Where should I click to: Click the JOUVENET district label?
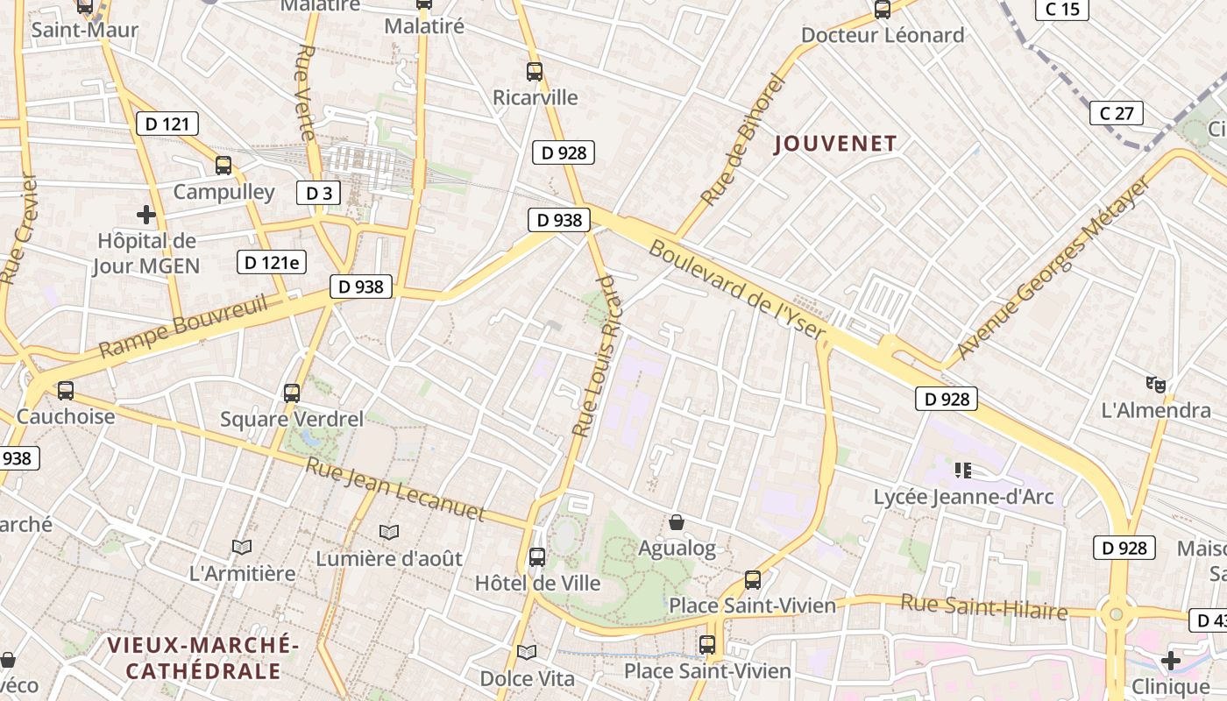(836, 144)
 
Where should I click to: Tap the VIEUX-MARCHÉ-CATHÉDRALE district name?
(203, 658)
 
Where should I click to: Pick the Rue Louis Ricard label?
(595, 355)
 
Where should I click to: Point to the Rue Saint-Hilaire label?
(984, 605)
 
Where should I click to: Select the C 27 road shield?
(1117, 113)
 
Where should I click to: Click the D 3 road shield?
(318, 193)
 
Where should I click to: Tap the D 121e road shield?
(272, 261)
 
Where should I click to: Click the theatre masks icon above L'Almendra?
(1156, 384)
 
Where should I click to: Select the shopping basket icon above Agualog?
(677, 523)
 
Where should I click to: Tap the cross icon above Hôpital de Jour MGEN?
(146, 214)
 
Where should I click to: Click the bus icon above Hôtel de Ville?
(537, 556)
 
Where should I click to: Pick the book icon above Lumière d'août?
(389, 532)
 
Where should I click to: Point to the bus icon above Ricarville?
(535, 72)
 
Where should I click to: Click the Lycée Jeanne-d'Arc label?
(963, 498)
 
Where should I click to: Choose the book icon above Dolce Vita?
(527, 653)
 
